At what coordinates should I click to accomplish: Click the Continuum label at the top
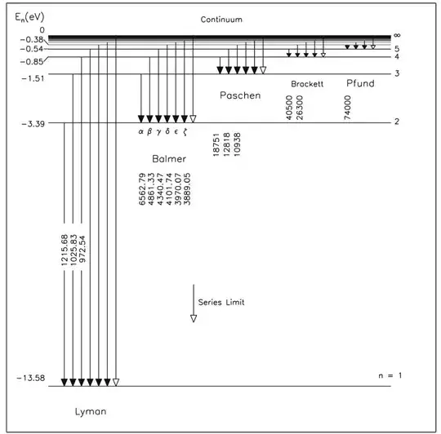click(x=221, y=20)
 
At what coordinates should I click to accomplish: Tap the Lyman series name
click(x=91, y=412)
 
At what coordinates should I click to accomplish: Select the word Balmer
click(x=169, y=159)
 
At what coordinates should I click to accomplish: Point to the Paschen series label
click(x=240, y=95)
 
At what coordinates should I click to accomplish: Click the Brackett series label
click(x=307, y=84)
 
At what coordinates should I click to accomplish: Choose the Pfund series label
click(x=360, y=83)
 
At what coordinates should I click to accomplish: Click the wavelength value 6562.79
click(x=142, y=189)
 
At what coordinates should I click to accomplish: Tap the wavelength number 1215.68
click(x=65, y=250)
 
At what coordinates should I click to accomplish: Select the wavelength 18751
click(x=216, y=144)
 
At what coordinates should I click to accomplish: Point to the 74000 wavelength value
click(x=348, y=108)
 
